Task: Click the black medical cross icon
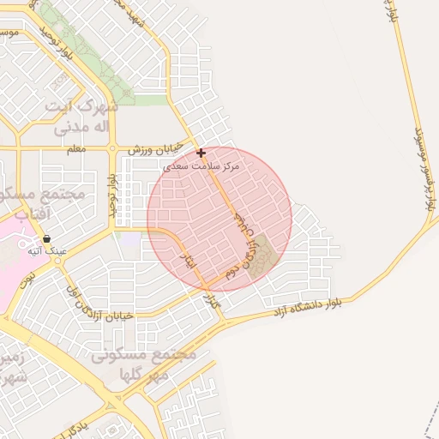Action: tap(201, 153)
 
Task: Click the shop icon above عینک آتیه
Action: tap(45, 239)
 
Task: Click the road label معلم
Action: tap(75, 149)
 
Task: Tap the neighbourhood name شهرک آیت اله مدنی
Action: tap(85, 117)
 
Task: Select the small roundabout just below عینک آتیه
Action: tap(58, 264)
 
